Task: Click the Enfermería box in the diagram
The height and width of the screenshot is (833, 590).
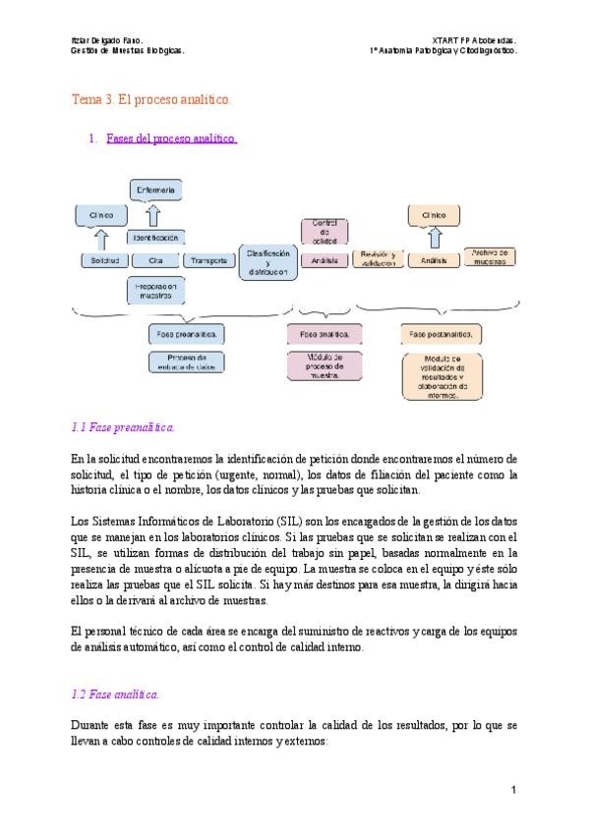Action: [x=156, y=189]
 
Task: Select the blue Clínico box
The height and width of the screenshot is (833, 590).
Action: [x=101, y=214]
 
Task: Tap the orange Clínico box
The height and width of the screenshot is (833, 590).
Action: [x=434, y=213]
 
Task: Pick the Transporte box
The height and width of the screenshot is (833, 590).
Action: [x=208, y=260]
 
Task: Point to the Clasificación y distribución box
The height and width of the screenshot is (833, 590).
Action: [x=267, y=261]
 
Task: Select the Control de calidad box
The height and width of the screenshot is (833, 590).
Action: [x=324, y=232]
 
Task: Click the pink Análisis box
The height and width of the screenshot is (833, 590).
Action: [x=324, y=260]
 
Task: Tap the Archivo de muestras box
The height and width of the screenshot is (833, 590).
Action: [x=490, y=256]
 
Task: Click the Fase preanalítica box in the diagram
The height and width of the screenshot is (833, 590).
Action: [x=186, y=334]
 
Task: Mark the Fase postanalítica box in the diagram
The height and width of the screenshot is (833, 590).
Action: [x=441, y=335]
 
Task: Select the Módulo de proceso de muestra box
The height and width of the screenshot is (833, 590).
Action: [x=324, y=365]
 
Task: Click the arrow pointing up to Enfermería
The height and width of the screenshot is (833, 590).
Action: [x=153, y=214]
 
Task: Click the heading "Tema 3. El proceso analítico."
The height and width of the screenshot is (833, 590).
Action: [x=152, y=100]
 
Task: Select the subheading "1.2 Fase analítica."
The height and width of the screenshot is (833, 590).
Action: [x=115, y=694]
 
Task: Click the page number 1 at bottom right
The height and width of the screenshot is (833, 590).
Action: [x=513, y=791]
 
